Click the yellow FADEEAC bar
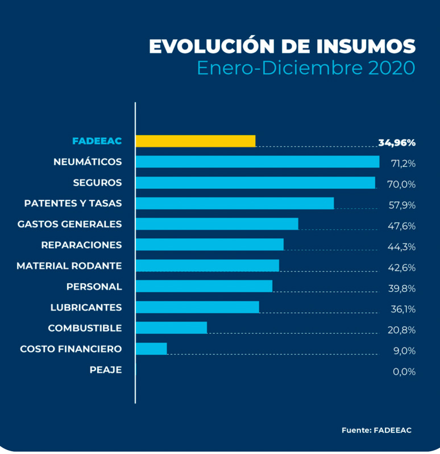196,141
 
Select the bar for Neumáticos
258,162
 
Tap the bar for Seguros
255,183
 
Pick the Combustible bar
171,328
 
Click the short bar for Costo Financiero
151,348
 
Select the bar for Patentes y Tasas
235,203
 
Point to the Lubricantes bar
197,307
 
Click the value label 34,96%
397,142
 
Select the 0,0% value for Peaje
404,372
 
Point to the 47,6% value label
402,226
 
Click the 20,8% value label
402,330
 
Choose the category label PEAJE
105,370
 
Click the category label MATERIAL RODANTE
69,266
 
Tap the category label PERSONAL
94,287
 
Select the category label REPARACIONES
81,245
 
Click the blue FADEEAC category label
97,141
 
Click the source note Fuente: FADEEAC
376,430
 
